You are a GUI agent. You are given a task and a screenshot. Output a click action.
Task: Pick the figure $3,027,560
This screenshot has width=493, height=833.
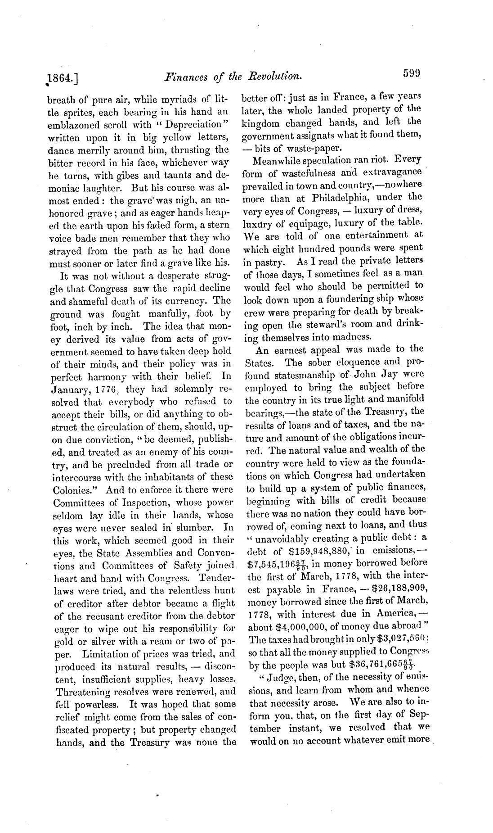pyautogui.click(x=397, y=639)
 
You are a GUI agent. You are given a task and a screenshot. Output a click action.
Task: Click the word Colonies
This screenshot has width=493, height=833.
pyautogui.click(x=75, y=490)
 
